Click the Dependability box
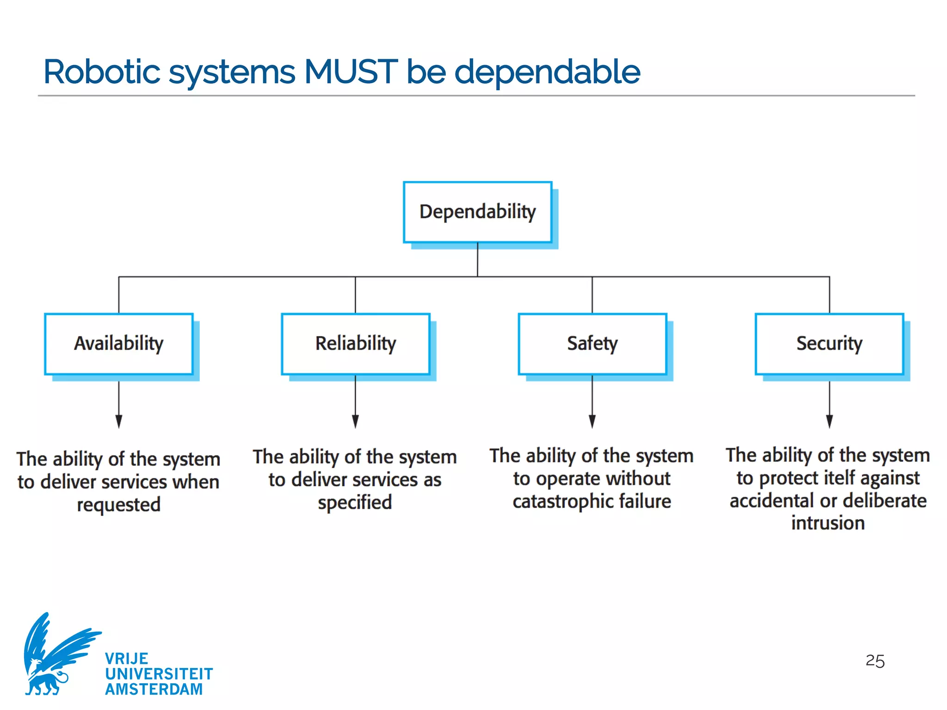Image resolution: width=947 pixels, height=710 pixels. coord(478,212)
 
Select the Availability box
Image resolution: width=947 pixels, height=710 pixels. coord(119,343)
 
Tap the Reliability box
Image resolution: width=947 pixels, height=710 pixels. coord(356,343)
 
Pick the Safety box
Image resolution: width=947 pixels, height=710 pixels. coord(592,343)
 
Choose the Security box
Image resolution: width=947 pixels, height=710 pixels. coord(829,343)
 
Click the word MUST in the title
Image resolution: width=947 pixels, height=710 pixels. coord(351,72)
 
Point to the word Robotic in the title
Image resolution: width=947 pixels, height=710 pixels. coord(102,72)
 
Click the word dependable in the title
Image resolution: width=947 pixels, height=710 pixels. coord(547,72)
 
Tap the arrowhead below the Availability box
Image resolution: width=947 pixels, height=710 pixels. coord(119,421)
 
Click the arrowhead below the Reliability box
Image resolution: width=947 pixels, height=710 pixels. coord(356,421)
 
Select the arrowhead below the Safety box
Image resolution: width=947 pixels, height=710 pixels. coord(592,421)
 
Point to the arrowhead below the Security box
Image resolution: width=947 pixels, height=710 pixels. coord(830,421)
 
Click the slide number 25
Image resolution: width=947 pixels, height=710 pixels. coord(875,661)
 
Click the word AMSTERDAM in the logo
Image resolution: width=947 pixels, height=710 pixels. coord(154,689)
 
